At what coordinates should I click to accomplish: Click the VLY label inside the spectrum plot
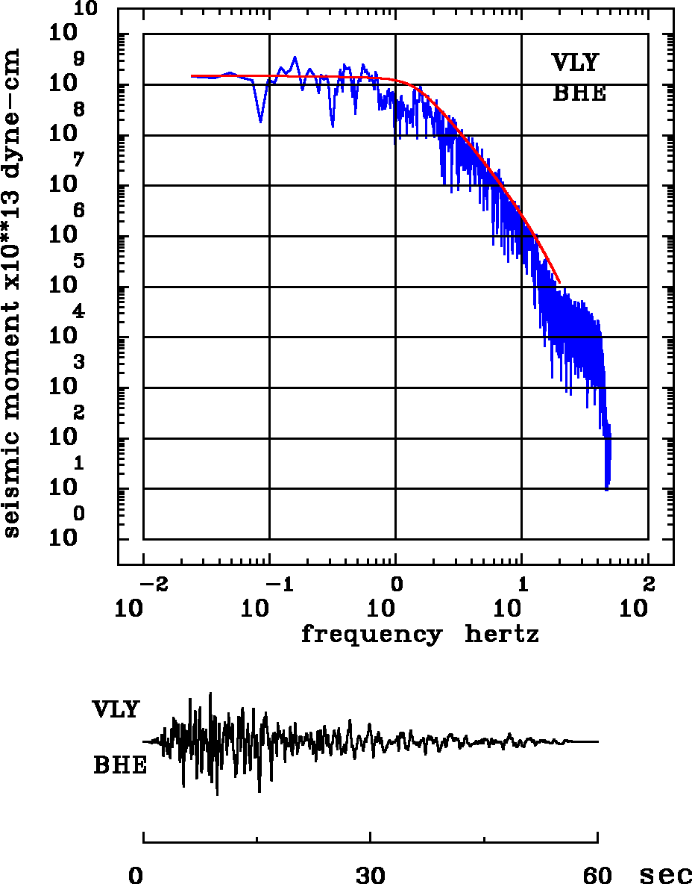[x=574, y=63]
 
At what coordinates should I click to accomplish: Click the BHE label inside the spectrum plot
[x=579, y=94]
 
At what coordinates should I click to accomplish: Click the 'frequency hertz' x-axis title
[x=420, y=635]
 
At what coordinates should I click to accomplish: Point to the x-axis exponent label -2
[x=155, y=583]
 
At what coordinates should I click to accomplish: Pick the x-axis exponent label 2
[x=648, y=583]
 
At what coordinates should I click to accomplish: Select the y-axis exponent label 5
[x=78, y=261]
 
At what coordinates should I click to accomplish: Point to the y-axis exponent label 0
[x=78, y=514]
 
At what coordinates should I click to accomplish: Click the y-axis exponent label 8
[x=78, y=110]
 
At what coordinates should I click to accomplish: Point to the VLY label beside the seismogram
[x=116, y=709]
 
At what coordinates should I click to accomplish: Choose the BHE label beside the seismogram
[x=120, y=766]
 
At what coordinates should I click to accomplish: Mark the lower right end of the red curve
[x=559, y=283]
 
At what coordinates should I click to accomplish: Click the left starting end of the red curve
[x=192, y=76]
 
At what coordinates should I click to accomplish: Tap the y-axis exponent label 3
[x=78, y=363]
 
